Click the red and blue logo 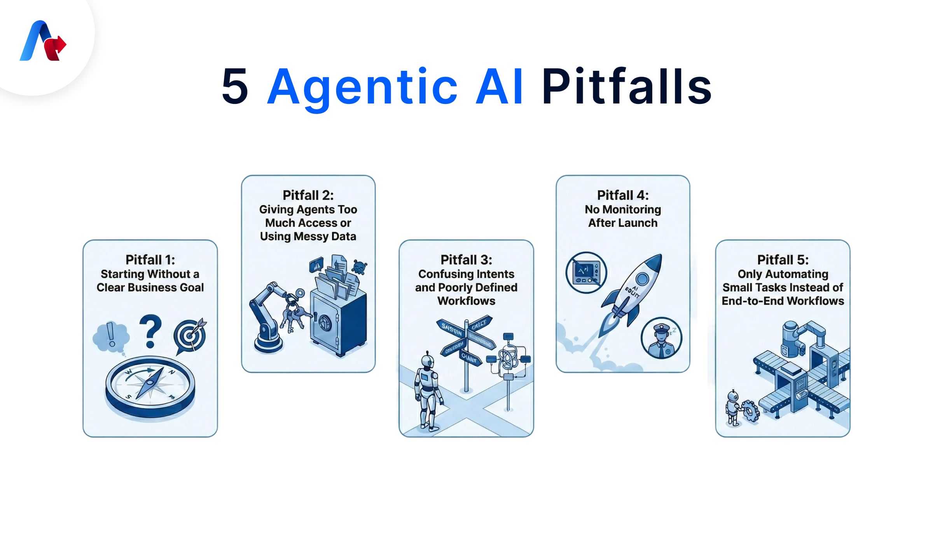pyautogui.click(x=43, y=41)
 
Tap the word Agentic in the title pyautogui.click(x=362, y=87)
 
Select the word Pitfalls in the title pyautogui.click(x=626, y=86)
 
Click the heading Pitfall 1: pyautogui.click(x=150, y=259)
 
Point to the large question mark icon pyautogui.click(x=150, y=331)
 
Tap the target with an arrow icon pyautogui.click(x=190, y=335)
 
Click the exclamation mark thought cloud pyautogui.click(x=111, y=337)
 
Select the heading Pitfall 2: pyautogui.click(x=308, y=195)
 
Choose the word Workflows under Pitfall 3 pyautogui.click(x=466, y=301)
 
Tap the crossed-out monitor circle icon pyautogui.click(x=586, y=272)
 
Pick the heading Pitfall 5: pyautogui.click(x=783, y=259)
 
